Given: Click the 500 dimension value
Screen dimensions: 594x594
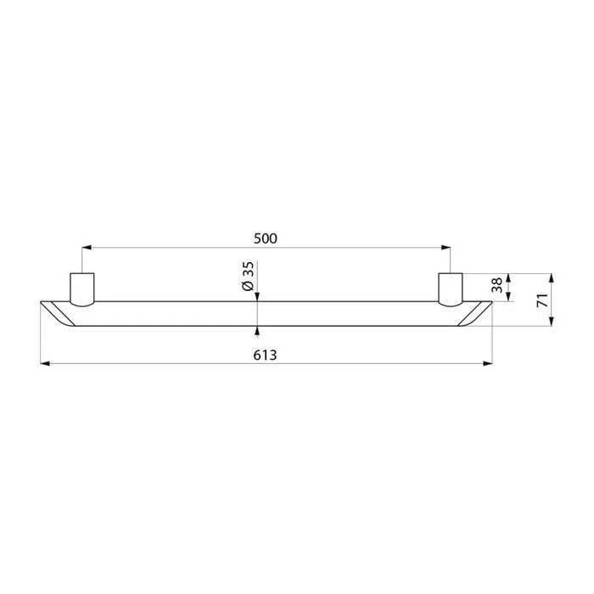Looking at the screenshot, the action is (x=265, y=238).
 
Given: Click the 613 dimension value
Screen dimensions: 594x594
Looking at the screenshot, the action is (x=265, y=356).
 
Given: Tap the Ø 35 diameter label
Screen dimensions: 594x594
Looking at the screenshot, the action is (x=248, y=276).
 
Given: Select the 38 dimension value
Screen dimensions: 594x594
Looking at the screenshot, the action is (x=496, y=285).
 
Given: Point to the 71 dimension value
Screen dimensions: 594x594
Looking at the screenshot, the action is (x=542, y=300).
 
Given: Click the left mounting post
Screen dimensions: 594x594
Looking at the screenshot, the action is (x=82, y=289).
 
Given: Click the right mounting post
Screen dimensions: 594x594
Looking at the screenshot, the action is (x=451, y=289).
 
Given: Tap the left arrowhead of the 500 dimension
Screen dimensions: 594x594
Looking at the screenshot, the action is (x=87, y=248).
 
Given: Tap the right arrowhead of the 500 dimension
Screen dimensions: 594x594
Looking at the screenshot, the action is (x=445, y=248).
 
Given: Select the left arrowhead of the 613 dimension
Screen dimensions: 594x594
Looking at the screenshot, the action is (x=45, y=364).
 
